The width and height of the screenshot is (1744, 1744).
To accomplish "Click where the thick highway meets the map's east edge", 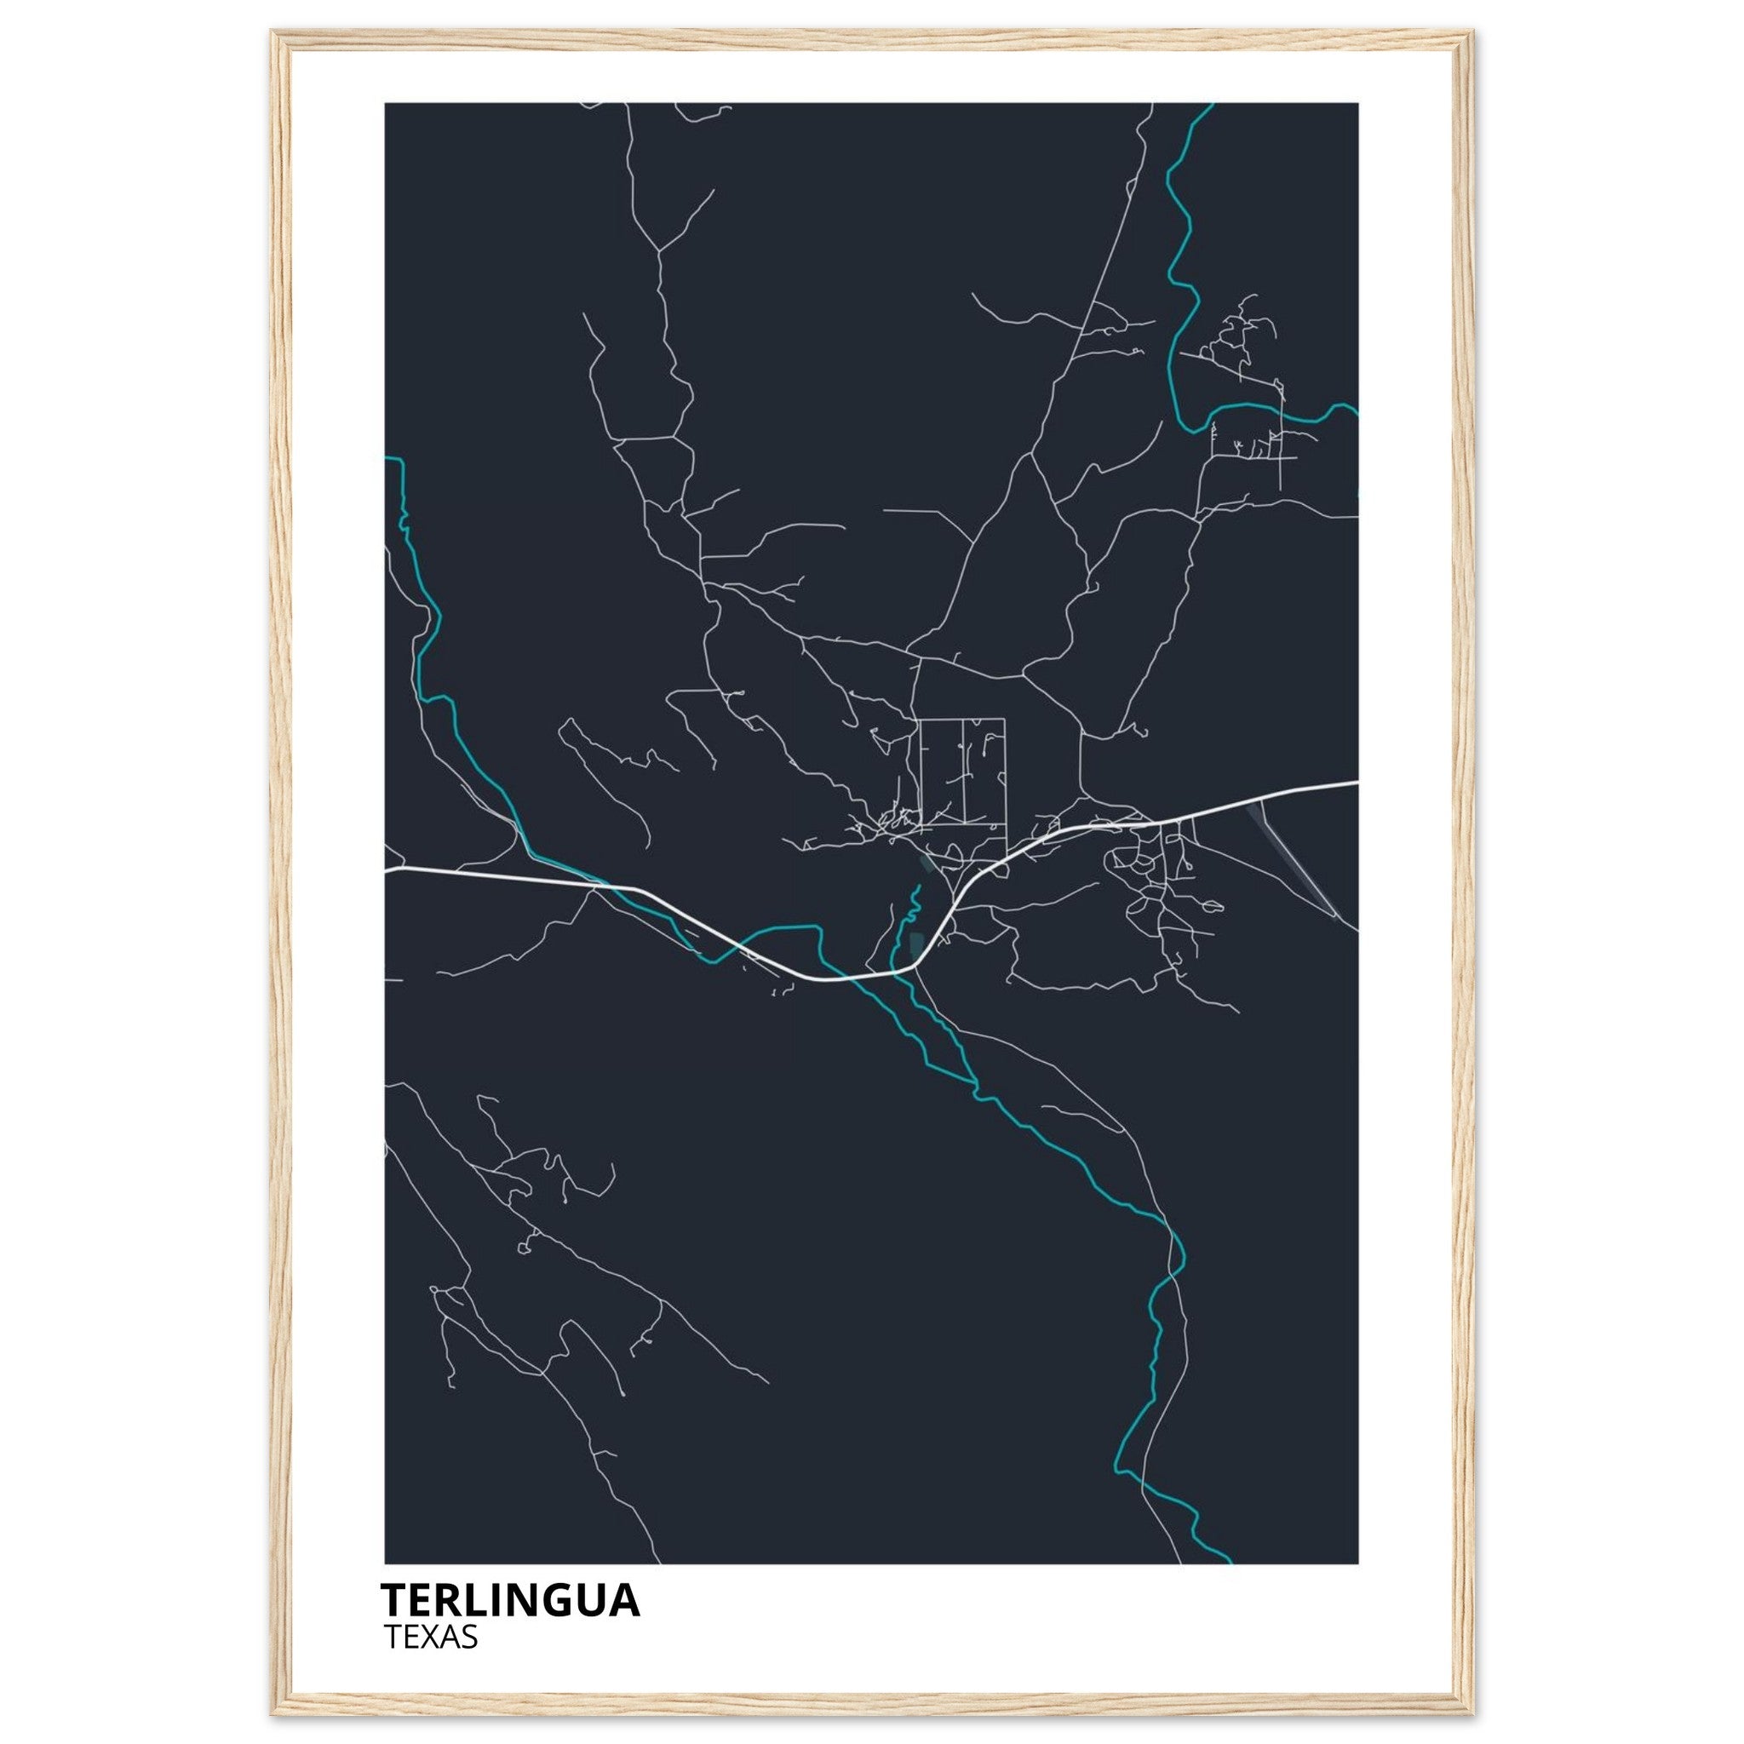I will point(1356,783).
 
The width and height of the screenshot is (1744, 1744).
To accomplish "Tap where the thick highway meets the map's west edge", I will point(387,870).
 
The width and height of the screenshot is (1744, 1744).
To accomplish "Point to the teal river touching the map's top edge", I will point(1208,106).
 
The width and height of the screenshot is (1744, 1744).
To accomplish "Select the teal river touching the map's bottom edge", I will point(1228,1559).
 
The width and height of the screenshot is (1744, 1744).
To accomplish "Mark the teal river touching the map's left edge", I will point(388,459).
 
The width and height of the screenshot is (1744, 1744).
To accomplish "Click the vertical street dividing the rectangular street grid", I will point(964,772).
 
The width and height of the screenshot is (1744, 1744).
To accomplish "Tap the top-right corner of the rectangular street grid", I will point(1005,720).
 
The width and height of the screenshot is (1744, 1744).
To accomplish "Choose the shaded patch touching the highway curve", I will point(917,944).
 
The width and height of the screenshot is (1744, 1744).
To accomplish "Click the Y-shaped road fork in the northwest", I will point(660,250).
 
